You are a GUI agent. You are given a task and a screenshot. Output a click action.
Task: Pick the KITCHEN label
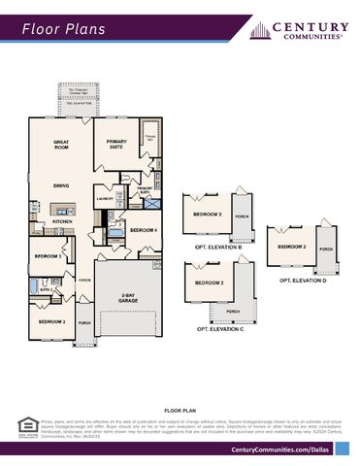click(62, 221)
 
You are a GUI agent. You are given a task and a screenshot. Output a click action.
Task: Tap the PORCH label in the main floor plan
click(84, 322)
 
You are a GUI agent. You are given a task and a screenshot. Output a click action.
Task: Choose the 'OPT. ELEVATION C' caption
click(219, 329)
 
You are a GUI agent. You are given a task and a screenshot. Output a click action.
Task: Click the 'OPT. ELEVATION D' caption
click(303, 280)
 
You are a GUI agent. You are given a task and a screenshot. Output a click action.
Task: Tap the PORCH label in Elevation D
click(326, 249)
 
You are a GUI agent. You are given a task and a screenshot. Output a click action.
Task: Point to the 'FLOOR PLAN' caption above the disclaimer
click(180, 412)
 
